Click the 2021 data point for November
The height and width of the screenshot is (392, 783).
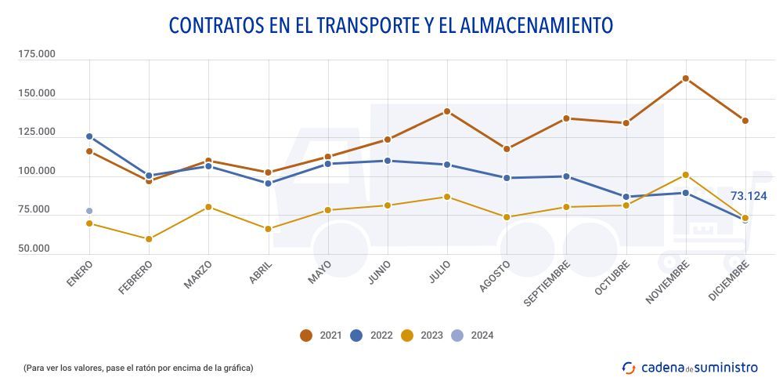tap(686, 78)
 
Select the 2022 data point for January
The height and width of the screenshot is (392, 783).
tap(89, 136)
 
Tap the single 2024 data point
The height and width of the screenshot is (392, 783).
tap(89, 211)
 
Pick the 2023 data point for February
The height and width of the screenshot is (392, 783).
tap(149, 239)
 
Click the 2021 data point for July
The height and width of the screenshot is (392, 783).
tap(447, 111)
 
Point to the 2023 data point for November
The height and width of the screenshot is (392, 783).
tap(686, 175)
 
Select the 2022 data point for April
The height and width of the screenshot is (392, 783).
tap(269, 183)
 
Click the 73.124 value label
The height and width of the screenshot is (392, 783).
tap(748, 196)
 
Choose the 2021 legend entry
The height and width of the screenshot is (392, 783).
tap(318, 336)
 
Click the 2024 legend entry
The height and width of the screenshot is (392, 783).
tap(472, 336)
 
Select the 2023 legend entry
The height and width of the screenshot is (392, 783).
tap(421, 336)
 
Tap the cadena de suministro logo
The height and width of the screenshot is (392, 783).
tap(689, 367)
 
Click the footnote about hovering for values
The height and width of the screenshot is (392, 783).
tap(138, 368)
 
